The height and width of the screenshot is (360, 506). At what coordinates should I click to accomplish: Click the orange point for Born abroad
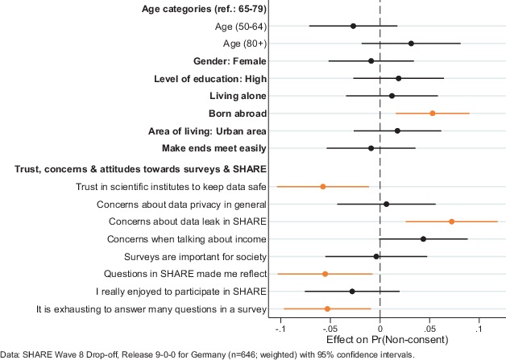pyautogui.click(x=433, y=114)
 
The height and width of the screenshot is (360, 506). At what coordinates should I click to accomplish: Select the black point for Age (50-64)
pyautogui.click(x=353, y=27)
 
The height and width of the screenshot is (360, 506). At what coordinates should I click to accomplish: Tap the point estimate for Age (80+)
pyautogui.click(x=411, y=43)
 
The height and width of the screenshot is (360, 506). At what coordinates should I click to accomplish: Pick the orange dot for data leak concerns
pyautogui.click(x=451, y=221)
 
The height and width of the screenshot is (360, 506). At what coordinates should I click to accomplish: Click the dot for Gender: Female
pyautogui.click(x=371, y=61)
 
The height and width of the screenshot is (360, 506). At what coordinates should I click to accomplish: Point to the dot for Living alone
pyautogui.click(x=392, y=96)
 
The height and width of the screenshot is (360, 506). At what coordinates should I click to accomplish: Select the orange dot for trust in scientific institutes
pyautogui.click(x=323, y=187)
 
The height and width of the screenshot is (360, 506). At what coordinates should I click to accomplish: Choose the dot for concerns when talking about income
pyautogui.click(x=423, y=239)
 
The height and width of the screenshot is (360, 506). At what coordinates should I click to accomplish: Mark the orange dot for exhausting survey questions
pyautogui.click(x=327, y=308)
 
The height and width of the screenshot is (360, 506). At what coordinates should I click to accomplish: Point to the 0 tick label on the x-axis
pyautogui.click(x=379, y=329)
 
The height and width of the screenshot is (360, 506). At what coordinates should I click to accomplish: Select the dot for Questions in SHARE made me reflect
pyautogui.click(x=325, y=274)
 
